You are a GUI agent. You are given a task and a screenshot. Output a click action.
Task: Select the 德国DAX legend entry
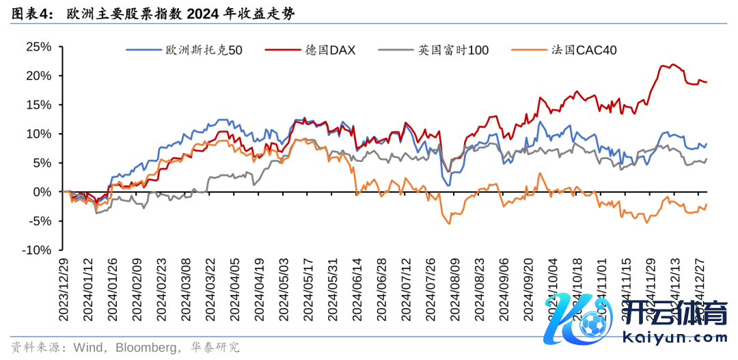pos(330,49)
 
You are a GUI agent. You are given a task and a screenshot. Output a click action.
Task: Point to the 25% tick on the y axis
pos(38,46)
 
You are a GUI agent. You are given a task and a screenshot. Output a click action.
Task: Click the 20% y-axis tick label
pos(38,76)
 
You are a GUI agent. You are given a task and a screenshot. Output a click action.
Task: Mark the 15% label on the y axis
pos(38,105)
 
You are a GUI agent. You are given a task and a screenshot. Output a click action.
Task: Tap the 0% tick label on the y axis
pos(42,192)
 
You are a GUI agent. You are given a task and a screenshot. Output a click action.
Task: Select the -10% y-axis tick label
pos(36,250)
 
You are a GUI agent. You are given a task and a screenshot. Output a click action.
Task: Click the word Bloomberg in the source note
pos(145,347)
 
